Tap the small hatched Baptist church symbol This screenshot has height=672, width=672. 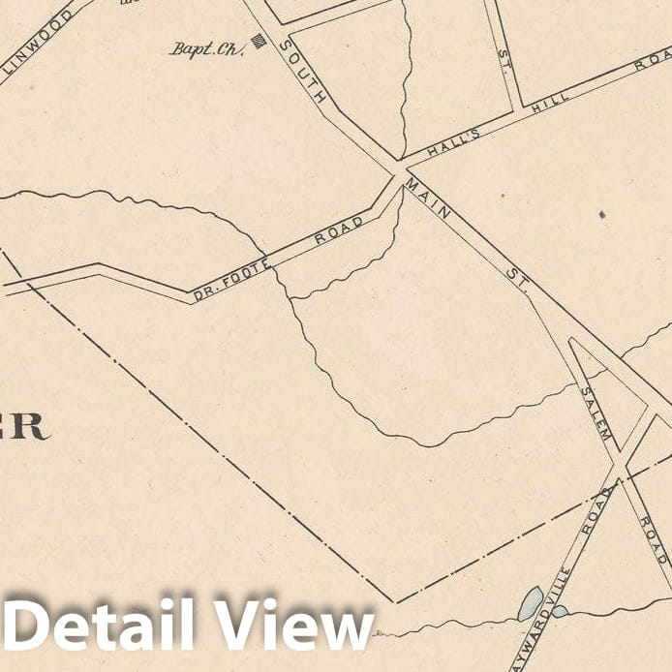(x=259, y=41)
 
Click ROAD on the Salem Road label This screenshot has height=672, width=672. (x=653, y=540)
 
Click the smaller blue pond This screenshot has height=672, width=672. (x=561, y=611)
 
